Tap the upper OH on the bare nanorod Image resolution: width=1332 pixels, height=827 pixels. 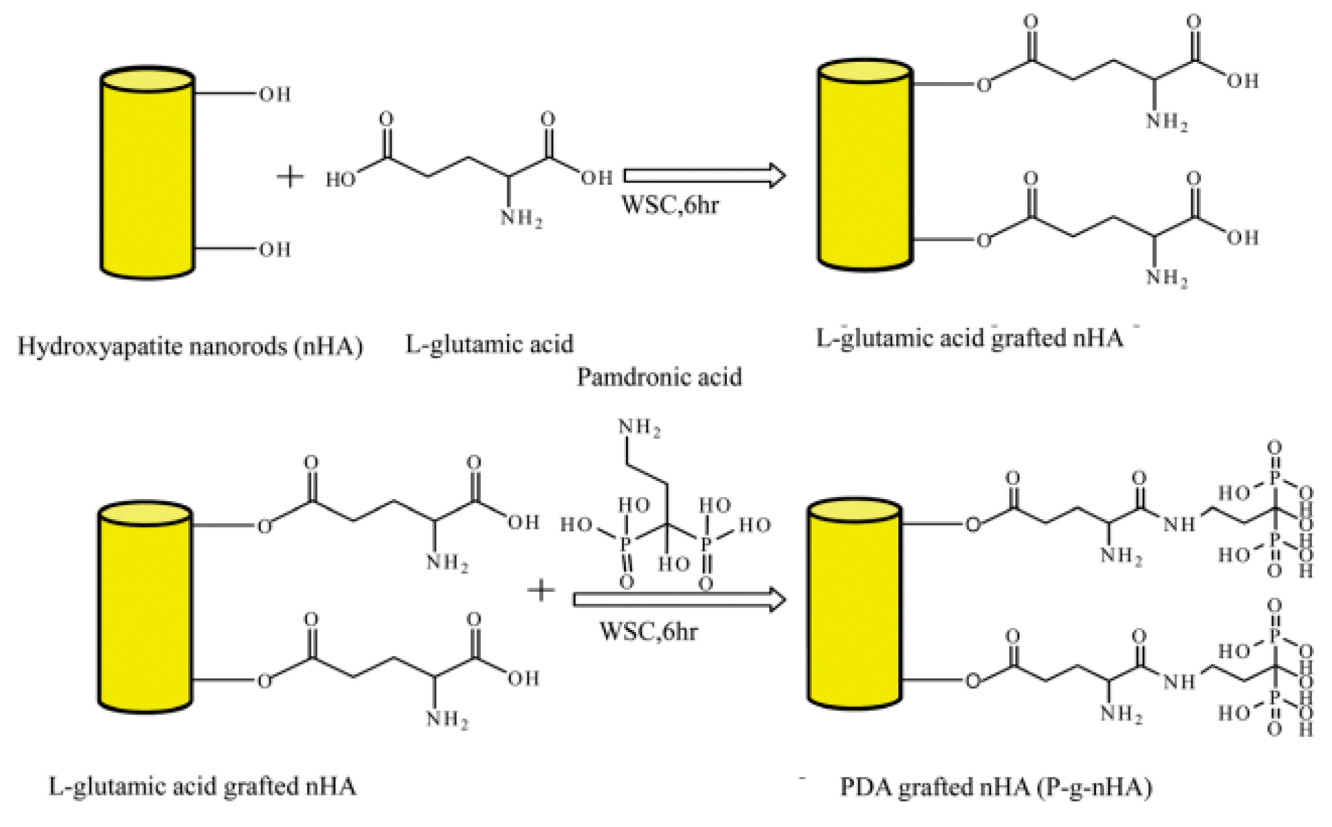pos(275,95)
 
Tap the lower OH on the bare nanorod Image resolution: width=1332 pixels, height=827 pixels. pos(275,250)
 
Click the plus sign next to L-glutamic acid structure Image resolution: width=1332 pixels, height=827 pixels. pos(290,177)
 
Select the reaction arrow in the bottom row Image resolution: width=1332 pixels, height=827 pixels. pos(679,600)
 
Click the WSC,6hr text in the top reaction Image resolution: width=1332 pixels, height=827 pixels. pos(670,205)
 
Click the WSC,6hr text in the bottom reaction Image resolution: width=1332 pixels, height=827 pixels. pos(649,631)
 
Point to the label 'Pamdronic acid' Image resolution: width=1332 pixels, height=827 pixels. pos(659,377)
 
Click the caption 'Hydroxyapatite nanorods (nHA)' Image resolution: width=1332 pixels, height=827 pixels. pos(190,346)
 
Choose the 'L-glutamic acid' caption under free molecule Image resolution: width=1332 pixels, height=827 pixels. pos(489,344)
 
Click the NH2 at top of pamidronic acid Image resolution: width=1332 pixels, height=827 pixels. pos(638,427)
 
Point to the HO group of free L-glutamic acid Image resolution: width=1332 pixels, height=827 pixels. pos(340,179)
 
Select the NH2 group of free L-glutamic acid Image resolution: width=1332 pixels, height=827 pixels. pos(521,218)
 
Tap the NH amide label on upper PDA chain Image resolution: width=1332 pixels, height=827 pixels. pos(1179,524)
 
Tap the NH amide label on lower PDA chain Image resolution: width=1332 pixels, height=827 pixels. pos(1179,682)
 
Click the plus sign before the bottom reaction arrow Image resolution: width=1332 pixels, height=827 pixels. pos(540,590)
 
